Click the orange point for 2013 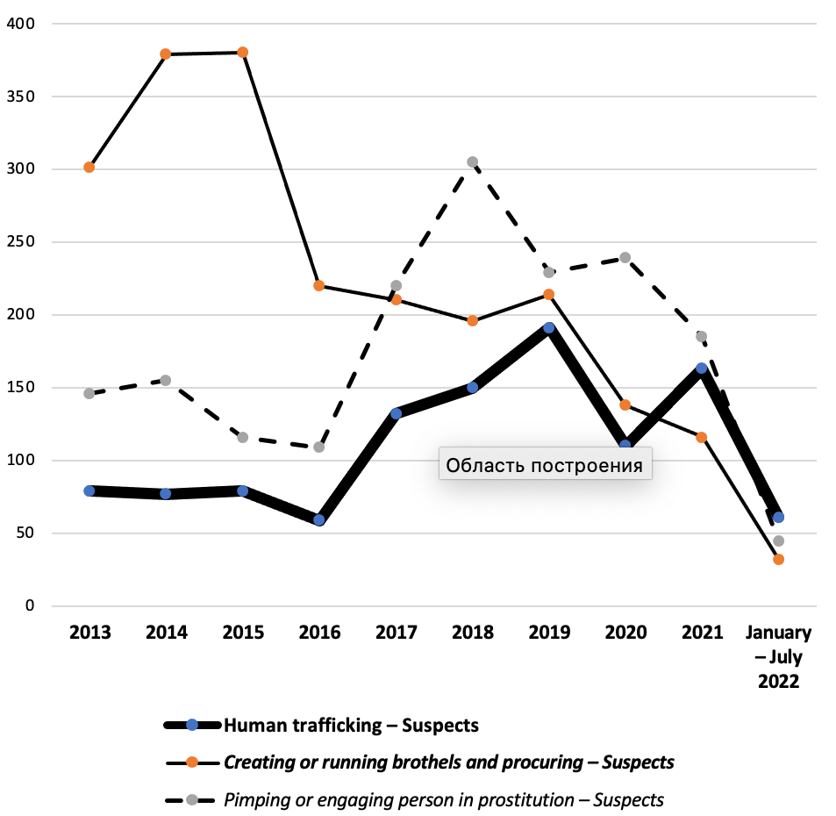pyautogui.click(x=89, y=167)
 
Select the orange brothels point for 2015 pyautogui.click(x=243, y=52)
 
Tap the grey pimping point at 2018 pyautogui.click(x=472, y=161)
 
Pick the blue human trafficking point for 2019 pyautogui.click(x=548, y=327)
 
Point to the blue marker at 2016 pyautogui.click(x=319, y=519)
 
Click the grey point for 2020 pyautogui.click(x=625, y=257)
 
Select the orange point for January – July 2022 pyautogui.click(x=778, y=559)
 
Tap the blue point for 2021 pyautogui.click(x=702, y=369)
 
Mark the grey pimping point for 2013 pyautogui.click(x=89, y=393)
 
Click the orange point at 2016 pyautogui.click(x=319, y=285)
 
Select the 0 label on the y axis pyautogui.click(x=29, y=606)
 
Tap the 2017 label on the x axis pyautogui.click(x=396, y=633)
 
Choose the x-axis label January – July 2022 pyautogui.click(x=778, y=656)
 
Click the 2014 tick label pyautogui.click(x=166, y=633)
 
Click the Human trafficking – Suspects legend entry pyautogui.click(x=351, y=725)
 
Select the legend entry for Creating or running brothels pyautogui.click(x=448, y=762)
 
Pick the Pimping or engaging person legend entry pyautogui.click(x=443, y=799)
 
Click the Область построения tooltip pyautogui.click(x=544, y=464)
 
